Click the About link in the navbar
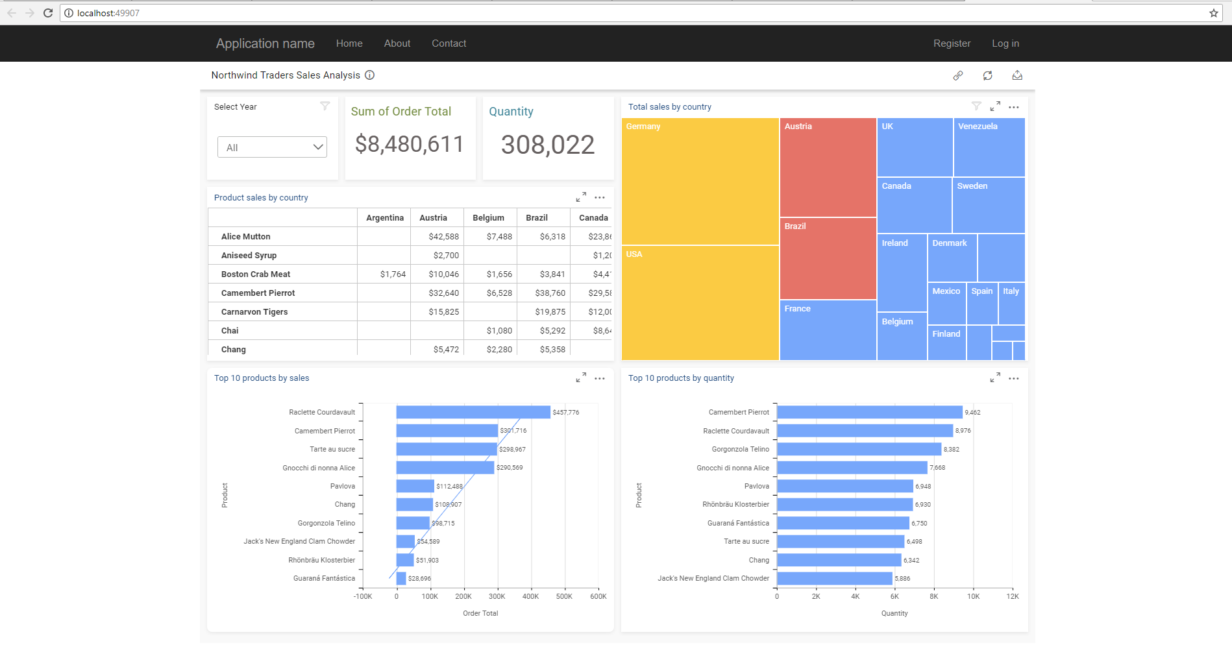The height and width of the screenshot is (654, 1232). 397,43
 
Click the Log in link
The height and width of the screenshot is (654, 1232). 1005,43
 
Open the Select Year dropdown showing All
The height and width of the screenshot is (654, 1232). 272,147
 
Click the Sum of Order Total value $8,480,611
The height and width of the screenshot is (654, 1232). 409,144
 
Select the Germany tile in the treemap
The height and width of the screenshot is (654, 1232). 700,182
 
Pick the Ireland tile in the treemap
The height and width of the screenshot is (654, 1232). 902,272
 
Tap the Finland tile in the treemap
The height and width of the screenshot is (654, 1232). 946,343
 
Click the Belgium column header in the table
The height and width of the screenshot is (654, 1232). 488,218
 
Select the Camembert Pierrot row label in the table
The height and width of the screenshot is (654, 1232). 258,293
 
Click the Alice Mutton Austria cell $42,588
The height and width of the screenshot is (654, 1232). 443,237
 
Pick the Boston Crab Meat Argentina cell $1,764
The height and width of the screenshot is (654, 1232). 393,274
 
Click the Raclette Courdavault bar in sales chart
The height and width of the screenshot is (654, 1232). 473,412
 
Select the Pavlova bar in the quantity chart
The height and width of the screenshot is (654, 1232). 844,486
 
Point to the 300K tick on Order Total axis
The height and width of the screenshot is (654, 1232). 497,596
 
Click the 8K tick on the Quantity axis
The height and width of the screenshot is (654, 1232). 933,596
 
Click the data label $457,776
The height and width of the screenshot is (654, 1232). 565,413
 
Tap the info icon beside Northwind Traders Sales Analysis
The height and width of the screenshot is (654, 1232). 369,75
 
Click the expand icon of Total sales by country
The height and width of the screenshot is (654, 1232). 994,106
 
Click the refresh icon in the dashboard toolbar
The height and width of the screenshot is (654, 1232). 987,75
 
